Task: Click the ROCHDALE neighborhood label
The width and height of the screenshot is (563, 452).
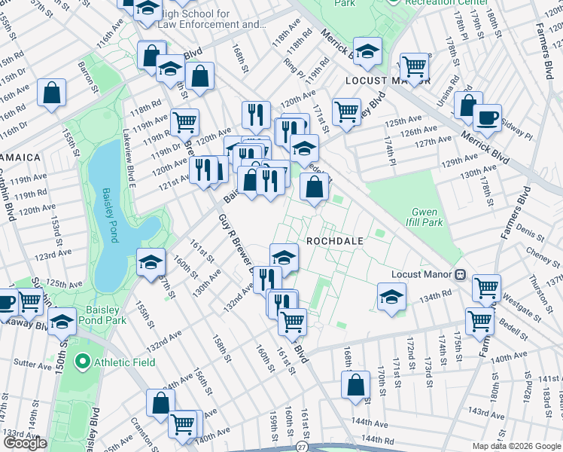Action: [335, 241]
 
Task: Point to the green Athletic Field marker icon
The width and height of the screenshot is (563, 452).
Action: [85, 362]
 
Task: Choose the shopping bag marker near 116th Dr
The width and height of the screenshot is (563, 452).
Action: [51, 94]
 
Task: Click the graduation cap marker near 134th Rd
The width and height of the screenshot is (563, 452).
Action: [391, 296]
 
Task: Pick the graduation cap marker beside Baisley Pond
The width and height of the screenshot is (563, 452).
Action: [151, 262]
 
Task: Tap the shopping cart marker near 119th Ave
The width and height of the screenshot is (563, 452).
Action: [184, 121]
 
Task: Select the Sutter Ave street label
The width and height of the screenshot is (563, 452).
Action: [33, 364]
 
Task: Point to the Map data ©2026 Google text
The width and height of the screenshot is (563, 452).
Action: [516, 446]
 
